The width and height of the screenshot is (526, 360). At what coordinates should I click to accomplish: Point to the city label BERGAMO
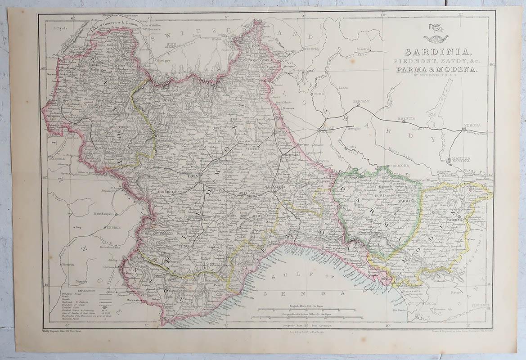point(361,102)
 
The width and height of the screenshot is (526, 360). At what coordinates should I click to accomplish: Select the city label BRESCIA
point(406,119)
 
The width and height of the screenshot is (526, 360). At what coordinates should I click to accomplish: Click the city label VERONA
point(472,125)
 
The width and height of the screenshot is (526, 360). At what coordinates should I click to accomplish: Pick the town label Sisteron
point(68,264)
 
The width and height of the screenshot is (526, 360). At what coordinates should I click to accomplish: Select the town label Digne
point(81,281)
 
